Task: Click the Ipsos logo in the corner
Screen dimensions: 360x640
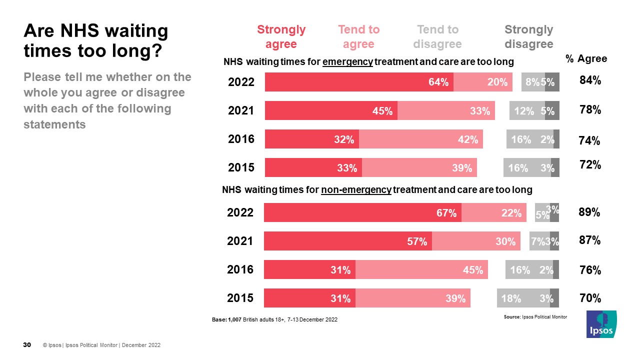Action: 601,324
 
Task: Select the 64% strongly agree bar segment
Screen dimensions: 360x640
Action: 359,82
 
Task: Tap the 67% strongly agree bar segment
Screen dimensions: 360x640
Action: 362,212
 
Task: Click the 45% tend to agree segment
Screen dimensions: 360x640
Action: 421,270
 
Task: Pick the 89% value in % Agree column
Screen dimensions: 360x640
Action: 589,212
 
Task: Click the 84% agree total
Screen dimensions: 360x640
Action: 590,80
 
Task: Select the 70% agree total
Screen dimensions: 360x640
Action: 589,298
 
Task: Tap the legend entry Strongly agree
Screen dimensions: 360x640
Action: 281,37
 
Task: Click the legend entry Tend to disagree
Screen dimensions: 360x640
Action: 437,37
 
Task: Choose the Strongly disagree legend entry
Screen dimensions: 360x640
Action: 528,37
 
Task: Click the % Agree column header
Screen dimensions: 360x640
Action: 586,59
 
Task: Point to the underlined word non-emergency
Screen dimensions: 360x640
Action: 356,190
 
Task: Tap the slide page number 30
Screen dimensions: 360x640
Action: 27,345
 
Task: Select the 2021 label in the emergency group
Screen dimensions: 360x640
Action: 241,111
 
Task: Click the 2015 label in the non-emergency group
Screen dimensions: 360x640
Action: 240,298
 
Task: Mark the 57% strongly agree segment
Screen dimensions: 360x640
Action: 347,241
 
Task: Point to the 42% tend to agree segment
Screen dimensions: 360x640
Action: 420,139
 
